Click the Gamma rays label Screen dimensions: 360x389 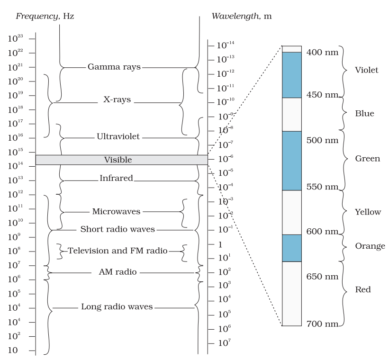(x=114, y=67)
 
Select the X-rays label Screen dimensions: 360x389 (x=117, y=100)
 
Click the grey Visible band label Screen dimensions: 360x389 (x=118, y=160)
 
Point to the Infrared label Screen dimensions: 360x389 (x=117, y=179)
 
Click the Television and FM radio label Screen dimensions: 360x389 (x=118, y=251)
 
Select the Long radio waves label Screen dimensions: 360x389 (x=117, y=306)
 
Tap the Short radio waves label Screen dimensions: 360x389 (x=118, y=229)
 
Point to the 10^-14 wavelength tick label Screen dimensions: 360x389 (x=225, y=45)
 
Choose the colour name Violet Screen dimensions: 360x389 (x=366, y=70)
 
